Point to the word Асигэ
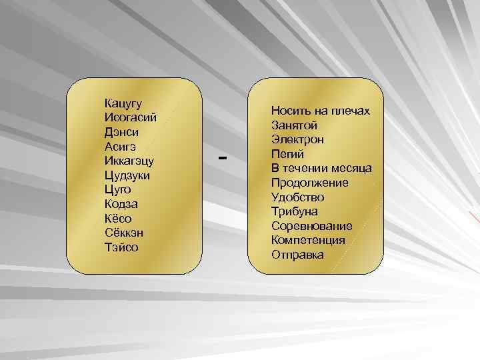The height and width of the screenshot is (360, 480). point(121,147)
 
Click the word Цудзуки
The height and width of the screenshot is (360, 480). point(127,175)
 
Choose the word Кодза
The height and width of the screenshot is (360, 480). point(121,204)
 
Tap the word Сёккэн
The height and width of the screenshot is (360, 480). point(123,233)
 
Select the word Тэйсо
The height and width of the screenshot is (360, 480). point(121,247)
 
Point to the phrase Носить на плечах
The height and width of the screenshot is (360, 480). point(321,111)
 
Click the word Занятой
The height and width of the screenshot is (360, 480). point(295,125)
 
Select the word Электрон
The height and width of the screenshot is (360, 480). point(297,139)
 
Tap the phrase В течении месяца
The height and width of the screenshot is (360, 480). point(321,168)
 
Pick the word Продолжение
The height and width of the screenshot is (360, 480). point(309,183)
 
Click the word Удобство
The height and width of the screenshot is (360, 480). point(297,197)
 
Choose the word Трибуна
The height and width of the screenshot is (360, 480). point(294,211)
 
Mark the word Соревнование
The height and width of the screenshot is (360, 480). point(311,226)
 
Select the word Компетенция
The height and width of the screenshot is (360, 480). point(308,241)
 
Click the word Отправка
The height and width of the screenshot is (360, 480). point(297,255)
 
